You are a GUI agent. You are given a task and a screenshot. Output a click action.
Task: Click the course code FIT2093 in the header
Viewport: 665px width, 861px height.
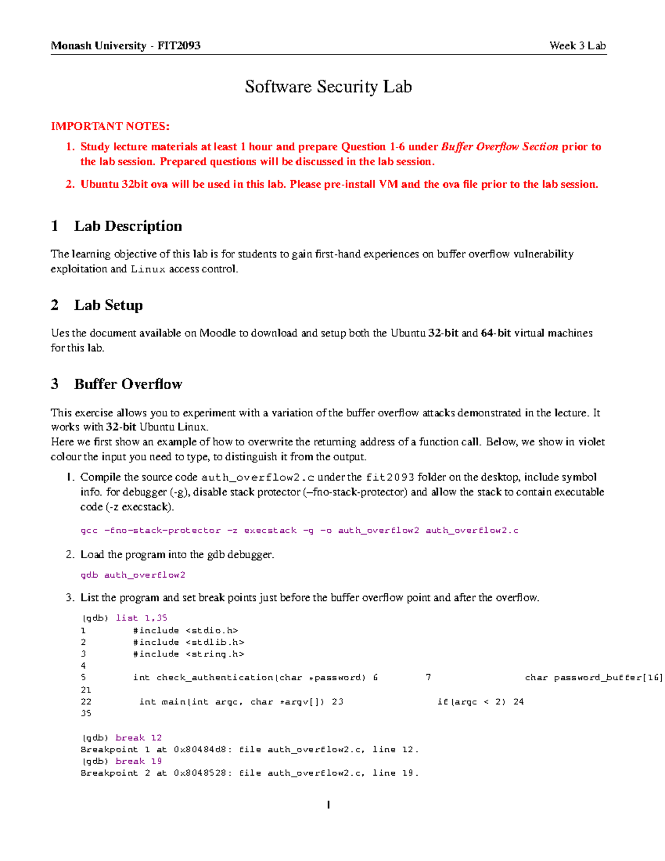pyautogui.click(x=178, y=45)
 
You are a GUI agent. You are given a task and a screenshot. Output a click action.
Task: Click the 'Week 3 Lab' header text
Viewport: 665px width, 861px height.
pyautogui.click(x=577, y=45)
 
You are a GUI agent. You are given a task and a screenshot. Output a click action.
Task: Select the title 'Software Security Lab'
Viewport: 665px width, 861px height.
pyautogui.click(x=328, y=86)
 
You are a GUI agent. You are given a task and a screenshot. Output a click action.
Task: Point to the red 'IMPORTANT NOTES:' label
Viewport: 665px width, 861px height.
pyautogui.click(x=110, y=126)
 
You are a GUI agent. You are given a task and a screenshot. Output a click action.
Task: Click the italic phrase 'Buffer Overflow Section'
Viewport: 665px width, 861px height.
pyautogui.click(x=499, y=147)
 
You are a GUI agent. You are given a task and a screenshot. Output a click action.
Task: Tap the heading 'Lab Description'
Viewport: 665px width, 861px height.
pyautogui.click(x=128, y=226)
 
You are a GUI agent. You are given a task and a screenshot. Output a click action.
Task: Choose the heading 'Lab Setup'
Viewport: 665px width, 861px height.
pyautogui.click(x=109, y=305)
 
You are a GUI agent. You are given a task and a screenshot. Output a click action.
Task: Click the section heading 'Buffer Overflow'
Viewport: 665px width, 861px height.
pyautogui.click(x=128, y=384)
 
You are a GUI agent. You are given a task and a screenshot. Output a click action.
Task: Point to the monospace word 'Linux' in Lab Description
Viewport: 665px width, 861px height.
pyautogui.click(x=148, y=269)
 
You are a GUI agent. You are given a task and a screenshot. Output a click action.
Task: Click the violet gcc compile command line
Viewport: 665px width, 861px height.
pyautogui.click(x=299, y=531)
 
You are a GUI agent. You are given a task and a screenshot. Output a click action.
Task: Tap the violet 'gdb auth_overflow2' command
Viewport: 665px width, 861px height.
pyautogui.click(x=133, y=575)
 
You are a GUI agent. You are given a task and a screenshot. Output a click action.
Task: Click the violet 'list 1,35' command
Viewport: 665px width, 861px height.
pyautogui.click(x=141, y=618)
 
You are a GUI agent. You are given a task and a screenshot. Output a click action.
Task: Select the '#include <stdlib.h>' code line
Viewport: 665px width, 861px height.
pyautogui.click(x=188, y=642)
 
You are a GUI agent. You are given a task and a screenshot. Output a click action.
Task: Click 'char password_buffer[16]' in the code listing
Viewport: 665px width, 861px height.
pyautogui.click(x=593, y=677)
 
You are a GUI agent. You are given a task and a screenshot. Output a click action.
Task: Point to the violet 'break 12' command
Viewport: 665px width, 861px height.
pyautogui.click(x=139, y=737)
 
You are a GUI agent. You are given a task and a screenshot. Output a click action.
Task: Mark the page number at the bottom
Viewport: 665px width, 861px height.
pyautogui.click(x=329, y=804)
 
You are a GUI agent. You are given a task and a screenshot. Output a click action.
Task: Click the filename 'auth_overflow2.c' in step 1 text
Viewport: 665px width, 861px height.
pyautogui.click(x=258, y=477)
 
